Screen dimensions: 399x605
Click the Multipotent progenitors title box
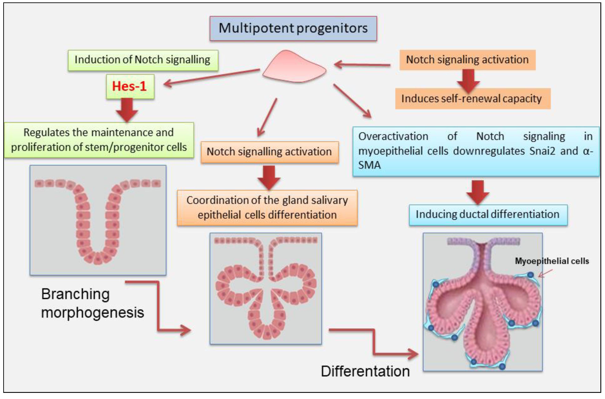[293, 28]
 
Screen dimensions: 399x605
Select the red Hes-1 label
[129, 86]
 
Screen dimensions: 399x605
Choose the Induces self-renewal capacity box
[472, 99]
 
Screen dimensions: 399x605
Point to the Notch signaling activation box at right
[467, 60]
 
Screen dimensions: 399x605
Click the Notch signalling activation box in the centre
[269, 152]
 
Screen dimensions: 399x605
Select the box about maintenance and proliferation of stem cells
[99, 140]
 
